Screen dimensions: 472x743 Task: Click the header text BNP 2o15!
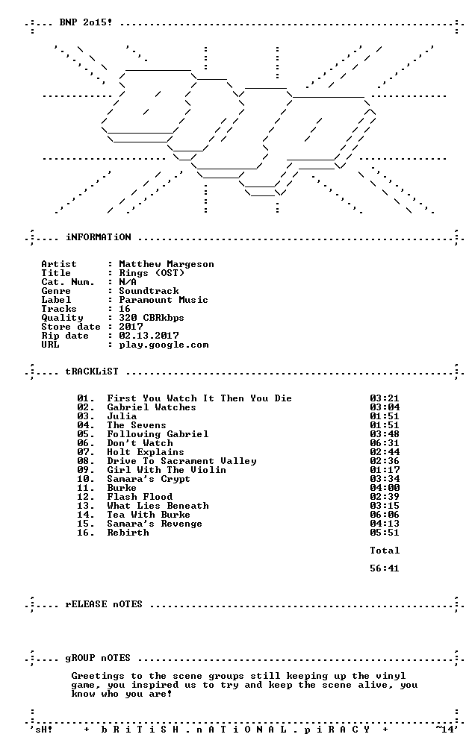[x=86, y=22]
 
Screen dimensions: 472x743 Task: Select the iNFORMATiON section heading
[x=98, y=237]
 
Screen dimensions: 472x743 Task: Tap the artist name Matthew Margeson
[x=167, y=264]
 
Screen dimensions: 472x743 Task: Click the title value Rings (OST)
[x=152, y=273]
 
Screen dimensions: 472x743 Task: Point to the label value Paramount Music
[x=164, y=300]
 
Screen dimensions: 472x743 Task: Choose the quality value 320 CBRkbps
[x=152, y=318]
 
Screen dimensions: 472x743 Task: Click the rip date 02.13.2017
[x=149, y=336]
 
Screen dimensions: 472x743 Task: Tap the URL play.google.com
[x=164, y=345]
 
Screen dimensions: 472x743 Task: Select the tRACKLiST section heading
[x=92, y=371]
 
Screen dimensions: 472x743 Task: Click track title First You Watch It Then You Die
[x=199, y=398]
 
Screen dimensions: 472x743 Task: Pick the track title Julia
[x=122, y=416]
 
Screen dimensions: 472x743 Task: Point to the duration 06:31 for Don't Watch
[x=385, y=443]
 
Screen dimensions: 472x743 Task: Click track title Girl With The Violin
[x=167, y=470]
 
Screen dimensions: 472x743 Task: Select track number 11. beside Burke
[x=85, y=488]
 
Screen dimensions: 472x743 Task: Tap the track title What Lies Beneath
[x=158, y=506]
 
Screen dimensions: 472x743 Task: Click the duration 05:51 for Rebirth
[x=385, y=533]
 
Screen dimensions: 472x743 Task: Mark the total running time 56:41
[x=385, y=568]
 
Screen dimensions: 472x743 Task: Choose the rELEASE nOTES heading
[x=104, y=605]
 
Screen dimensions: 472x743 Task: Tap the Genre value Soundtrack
[x=149, y=291]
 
